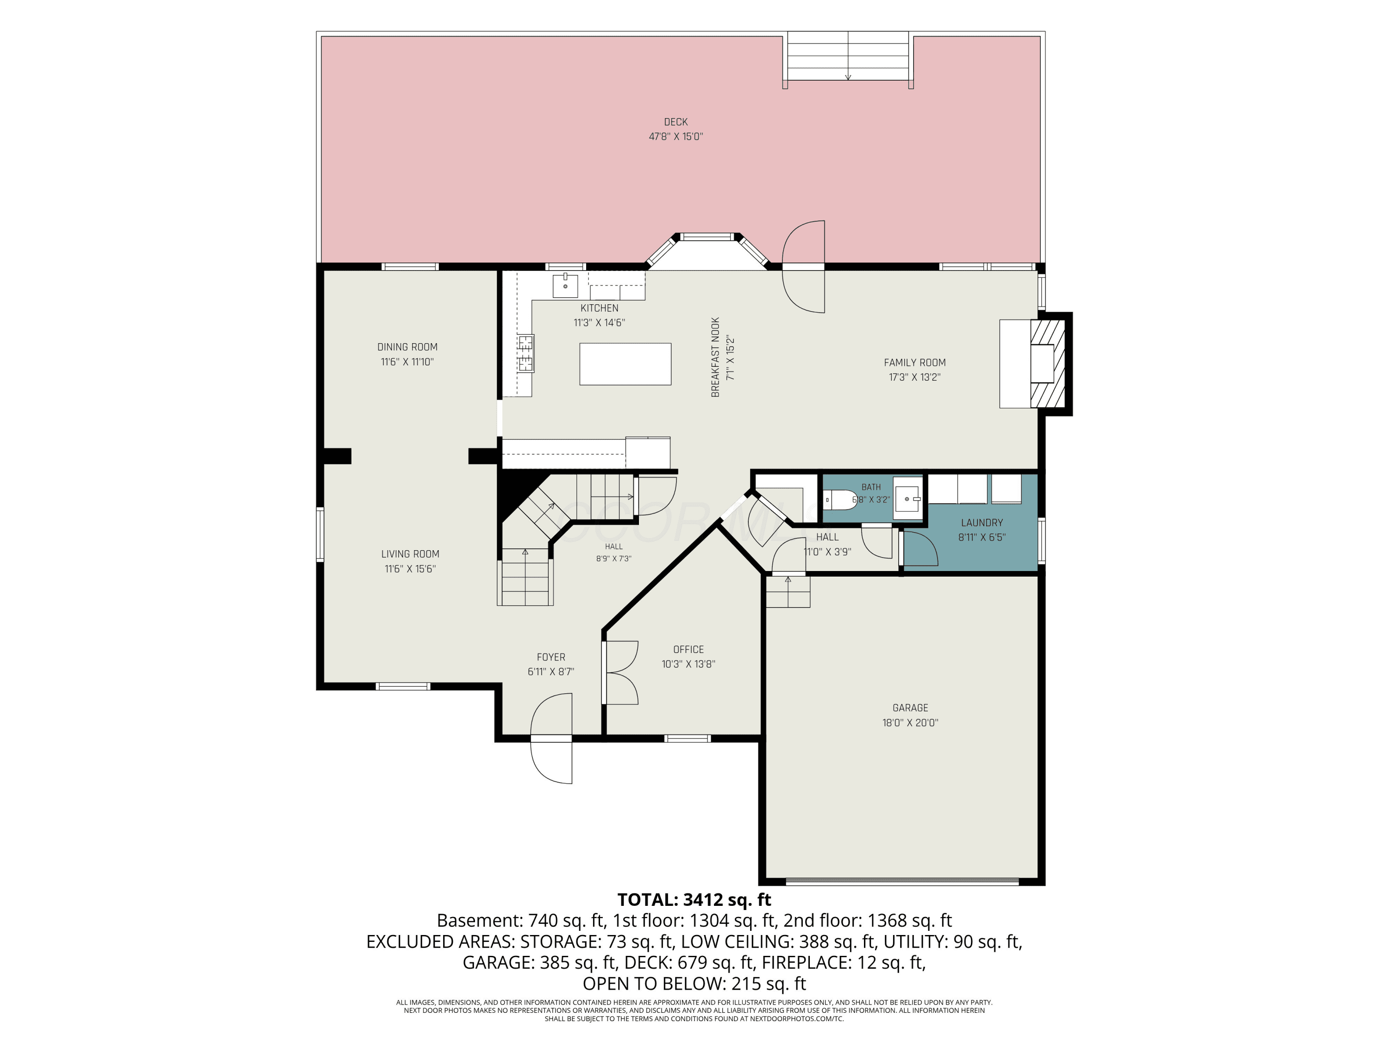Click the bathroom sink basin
click(x=908, y=499)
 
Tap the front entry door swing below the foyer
click(x=551, y=739)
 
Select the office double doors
click(x=620, y=672)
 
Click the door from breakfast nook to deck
click(x=803, y=266)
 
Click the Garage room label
click(x=910, y=708)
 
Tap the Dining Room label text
click(x=407, y=347)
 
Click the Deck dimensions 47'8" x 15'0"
click(x=676, y=136)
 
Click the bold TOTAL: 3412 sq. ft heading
click(x=694, y=899)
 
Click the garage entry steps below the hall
click(x=788, y=591)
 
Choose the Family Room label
click(x=914, y=363)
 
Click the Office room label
click(x=688, y=649)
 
